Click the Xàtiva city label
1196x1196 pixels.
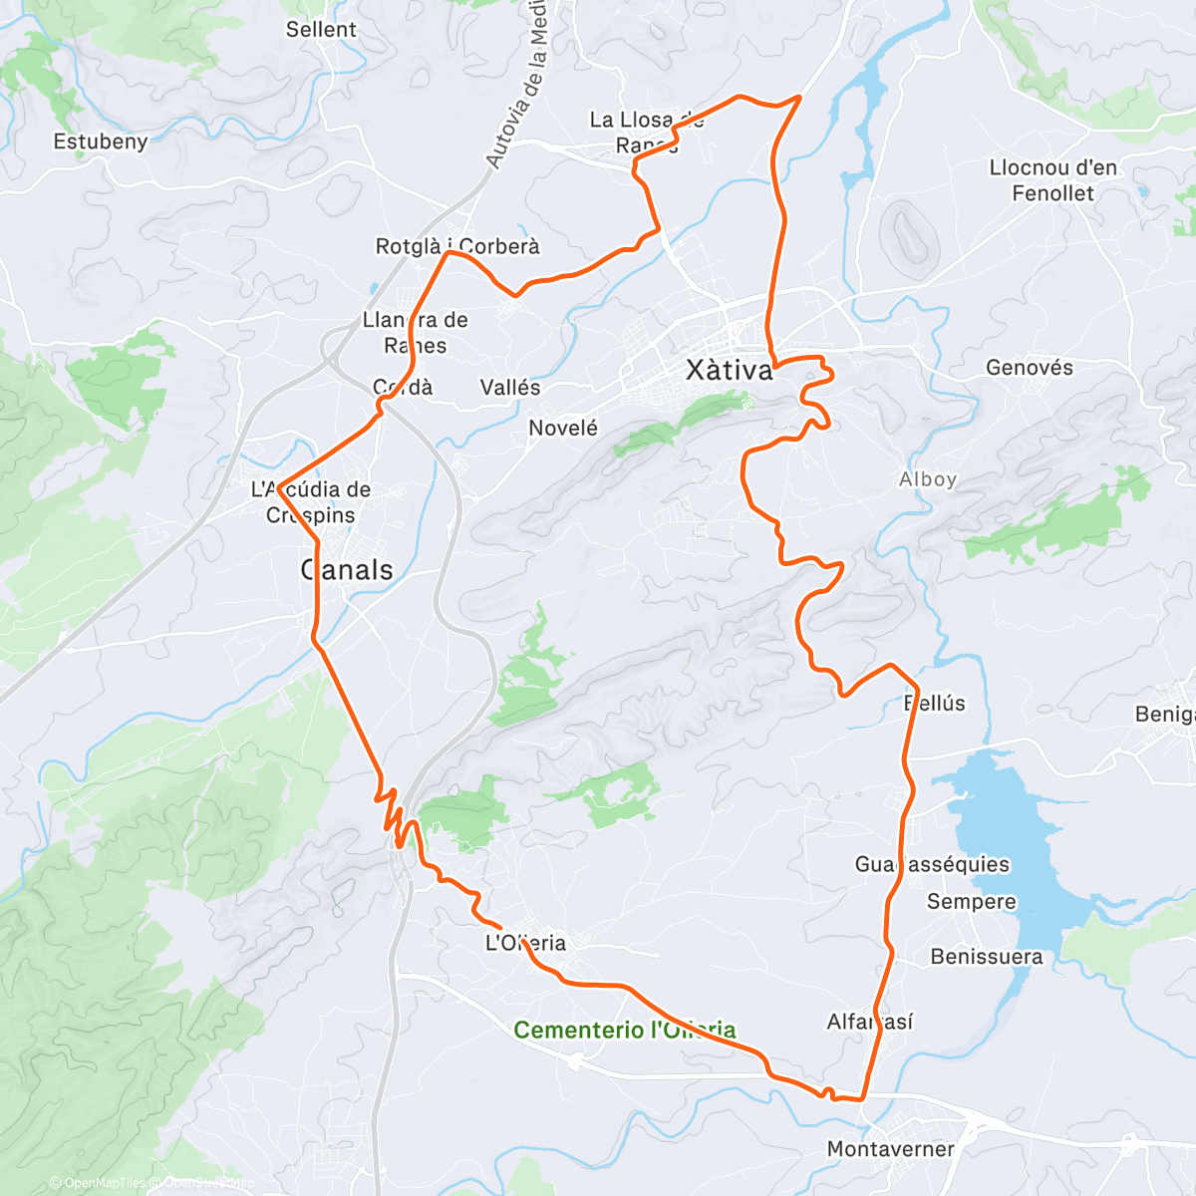pyautogui.click(x=730, y=371)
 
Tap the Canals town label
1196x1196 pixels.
pyautogui.click(x=348, y=570)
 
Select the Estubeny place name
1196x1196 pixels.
pyautogui.click(x=101, y=142)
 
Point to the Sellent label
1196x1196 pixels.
pyautogui.click(x=321, y=30)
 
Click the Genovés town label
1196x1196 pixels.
pyautogui.click(x=1030, y=368)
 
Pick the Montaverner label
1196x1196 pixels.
pyautogui.click(x=890, y=1149)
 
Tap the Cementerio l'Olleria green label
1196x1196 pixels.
pyautogui.click(x=625, y=1030)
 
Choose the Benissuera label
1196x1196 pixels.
pyautogui.click(x=987, y=957)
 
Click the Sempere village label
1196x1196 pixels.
pyautogui.click(x=972, y=902)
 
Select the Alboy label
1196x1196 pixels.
pyautogui.click(x=928, y=479)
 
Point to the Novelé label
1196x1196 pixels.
pyautogui.click(x=563, y=429)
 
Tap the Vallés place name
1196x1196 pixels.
pyautogui.click(x=510, y=388)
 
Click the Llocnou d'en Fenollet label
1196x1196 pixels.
pyautogui.click(x=1053, y=180)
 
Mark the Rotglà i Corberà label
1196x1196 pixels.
pyautogui.click(x=457, y=246)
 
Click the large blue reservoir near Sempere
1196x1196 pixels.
pyautogui.click(x=1017, y=837)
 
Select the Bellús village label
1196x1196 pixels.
pyautogui.click(x=935, y=703)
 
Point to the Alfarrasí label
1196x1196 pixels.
pyautogui.click(x=870, y=1022)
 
